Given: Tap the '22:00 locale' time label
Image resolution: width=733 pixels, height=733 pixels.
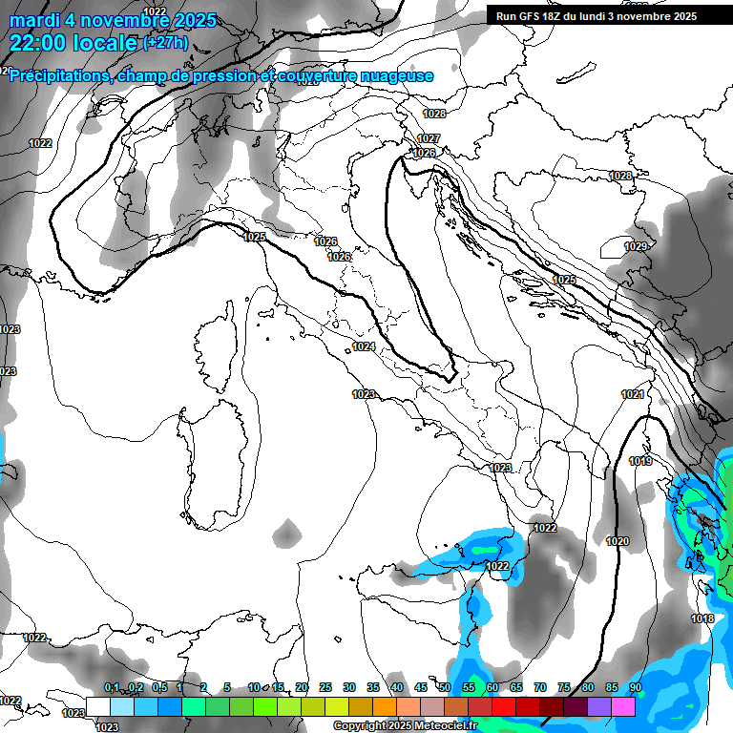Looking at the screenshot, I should (73, 43).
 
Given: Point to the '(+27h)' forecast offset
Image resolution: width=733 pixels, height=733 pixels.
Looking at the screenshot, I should (164, 43).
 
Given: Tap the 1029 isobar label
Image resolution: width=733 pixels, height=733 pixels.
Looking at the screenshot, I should (636, 247).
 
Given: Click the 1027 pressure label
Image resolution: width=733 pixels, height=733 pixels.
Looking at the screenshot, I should (429, 139).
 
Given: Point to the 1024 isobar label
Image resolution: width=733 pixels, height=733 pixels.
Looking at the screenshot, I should (363, 346).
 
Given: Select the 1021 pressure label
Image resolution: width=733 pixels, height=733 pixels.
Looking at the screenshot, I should (633, 394).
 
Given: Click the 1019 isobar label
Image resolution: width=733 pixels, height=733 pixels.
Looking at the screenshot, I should (640, 462).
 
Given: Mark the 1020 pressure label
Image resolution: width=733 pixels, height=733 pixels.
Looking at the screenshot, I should (618, 541).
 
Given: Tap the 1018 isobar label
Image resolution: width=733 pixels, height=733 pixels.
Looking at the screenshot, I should (702, 619).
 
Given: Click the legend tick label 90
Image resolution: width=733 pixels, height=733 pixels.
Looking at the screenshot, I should (635, 688).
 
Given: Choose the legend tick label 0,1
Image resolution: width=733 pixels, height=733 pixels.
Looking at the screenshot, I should (112, 688).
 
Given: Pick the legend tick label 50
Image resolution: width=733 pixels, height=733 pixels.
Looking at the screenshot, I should (445, 688).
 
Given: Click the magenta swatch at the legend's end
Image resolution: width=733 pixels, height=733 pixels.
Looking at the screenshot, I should (623, 705).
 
